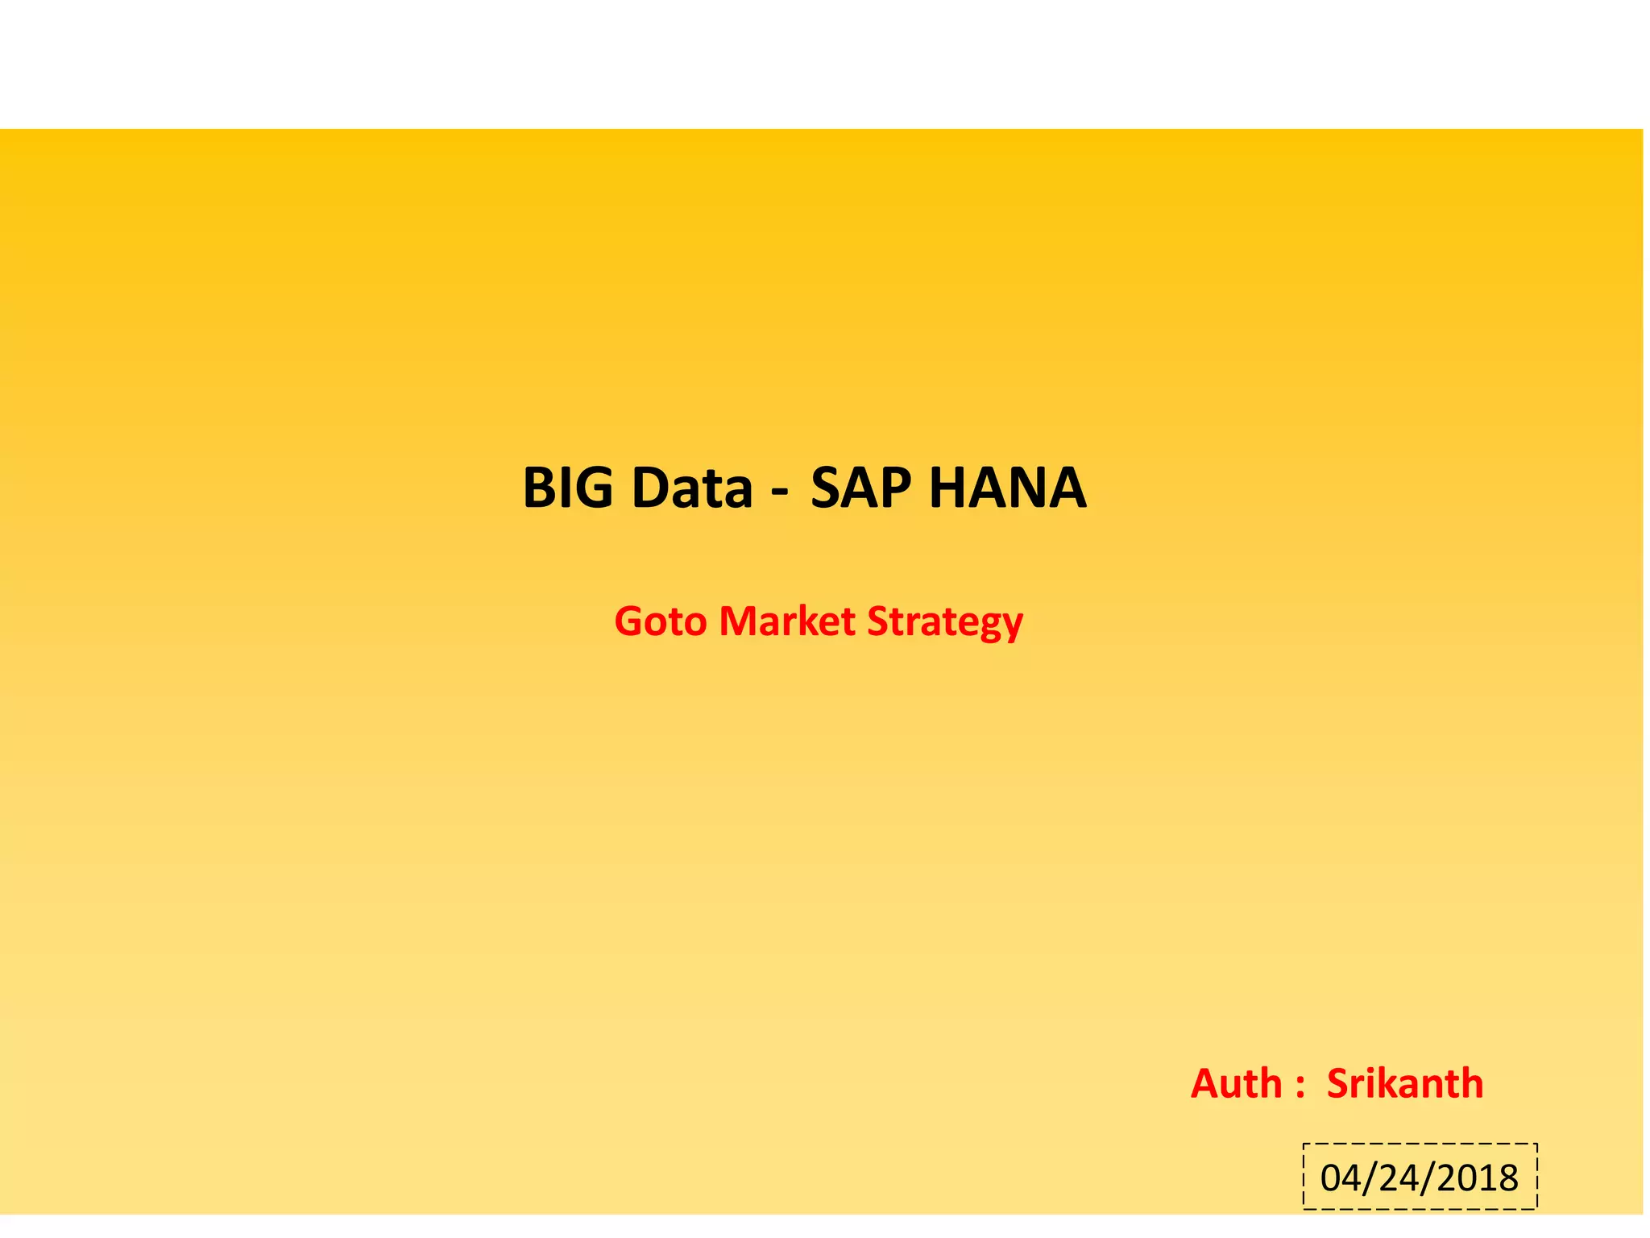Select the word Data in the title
click(692, 488)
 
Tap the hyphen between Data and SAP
click(779, 491)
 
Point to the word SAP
click(860, 488)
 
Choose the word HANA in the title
click(1008, 488)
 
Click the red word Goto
click(661, 622)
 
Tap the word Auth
click(1236, 1084)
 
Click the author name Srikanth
click(1405, 1084)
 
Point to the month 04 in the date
click(1341, 1179)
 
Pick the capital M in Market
click(738, 622)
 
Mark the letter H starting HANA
click(950, 488)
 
